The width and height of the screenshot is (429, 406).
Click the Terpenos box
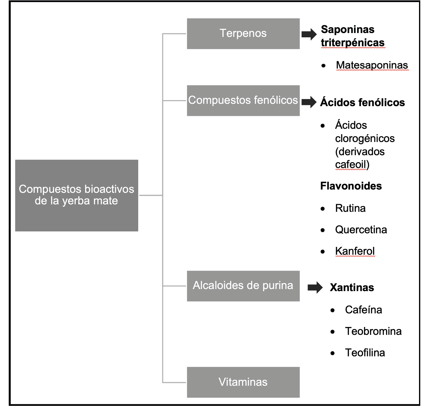243,34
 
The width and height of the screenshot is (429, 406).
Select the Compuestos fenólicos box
243,100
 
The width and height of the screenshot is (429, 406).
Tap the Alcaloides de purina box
243,286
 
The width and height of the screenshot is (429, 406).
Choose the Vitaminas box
243,382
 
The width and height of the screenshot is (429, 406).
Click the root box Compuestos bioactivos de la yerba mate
76,195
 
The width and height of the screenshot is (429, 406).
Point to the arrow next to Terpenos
309,34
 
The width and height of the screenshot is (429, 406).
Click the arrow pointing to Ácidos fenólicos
309,102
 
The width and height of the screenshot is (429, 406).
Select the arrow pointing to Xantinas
315,288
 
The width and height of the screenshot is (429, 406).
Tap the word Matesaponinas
372,65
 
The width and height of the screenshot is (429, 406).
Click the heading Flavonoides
351,186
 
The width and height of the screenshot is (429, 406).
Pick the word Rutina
350,208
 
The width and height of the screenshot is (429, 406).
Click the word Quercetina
361,230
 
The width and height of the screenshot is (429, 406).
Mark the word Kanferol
355,251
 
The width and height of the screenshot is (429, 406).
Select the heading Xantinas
352,288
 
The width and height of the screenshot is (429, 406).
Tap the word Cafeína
363,310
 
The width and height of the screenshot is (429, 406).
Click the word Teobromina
373,331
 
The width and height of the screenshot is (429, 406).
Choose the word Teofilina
365,352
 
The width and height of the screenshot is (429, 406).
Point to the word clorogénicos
365,138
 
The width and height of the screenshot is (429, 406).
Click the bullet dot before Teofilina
332,353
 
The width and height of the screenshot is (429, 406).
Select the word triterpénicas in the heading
353,43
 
